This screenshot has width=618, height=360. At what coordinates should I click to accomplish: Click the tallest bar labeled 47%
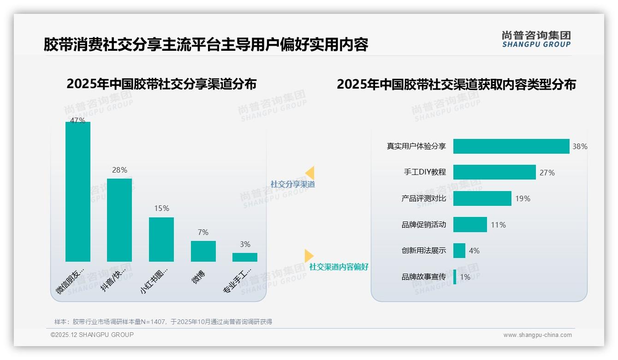point(78,192)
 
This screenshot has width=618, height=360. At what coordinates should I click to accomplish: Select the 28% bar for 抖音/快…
point(119,220)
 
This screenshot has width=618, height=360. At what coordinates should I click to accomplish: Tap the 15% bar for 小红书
point(161,239)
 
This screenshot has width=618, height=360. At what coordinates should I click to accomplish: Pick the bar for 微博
point(203,251)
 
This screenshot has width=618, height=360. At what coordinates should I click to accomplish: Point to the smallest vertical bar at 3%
point(245,257)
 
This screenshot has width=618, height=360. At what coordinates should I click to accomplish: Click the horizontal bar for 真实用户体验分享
point(511,146)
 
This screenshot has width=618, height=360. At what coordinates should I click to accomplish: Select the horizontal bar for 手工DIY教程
point(494,172)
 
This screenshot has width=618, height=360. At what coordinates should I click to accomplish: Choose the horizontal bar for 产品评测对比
point(482,198)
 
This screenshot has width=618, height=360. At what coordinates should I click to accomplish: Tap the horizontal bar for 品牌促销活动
point(470,225)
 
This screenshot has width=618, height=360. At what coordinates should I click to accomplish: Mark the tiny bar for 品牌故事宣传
point(455,277)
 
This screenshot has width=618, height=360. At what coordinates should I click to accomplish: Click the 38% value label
point(580,147)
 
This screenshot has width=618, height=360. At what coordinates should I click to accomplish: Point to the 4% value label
point(474,251)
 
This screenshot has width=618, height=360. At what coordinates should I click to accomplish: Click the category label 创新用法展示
point(424,251)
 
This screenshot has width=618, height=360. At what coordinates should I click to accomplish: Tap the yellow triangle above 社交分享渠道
point(310,173)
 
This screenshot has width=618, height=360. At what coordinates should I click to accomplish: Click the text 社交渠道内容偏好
point(339,267)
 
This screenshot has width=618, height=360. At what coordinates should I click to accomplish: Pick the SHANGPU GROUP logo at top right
point(536,39)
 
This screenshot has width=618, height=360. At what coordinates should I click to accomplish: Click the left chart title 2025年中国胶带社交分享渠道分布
point(161,84)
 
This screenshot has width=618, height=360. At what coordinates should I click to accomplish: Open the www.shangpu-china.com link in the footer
point(537,335)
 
